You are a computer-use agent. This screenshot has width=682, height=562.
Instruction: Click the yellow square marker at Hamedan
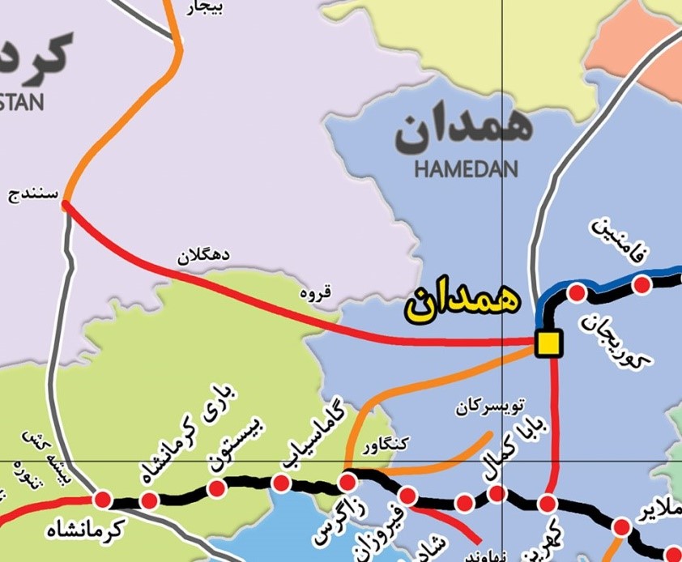pos(548,343)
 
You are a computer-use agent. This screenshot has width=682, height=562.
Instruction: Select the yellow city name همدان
pos(463,301)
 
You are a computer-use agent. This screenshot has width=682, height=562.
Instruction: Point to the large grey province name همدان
pos(463,130)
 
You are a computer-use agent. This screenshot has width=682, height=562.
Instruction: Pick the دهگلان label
pos(203,256)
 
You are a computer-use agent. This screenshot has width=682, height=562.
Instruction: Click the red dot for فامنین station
pos(642,284)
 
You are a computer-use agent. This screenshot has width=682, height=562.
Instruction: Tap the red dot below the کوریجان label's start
pos(578,292)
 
